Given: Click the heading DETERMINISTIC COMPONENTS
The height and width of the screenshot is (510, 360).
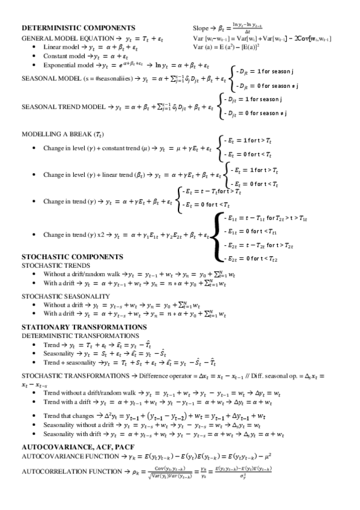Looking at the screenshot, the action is [78, 28].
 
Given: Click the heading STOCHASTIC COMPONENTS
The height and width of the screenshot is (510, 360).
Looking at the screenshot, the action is [73, 256].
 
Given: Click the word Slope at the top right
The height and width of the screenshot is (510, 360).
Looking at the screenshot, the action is [200, 28].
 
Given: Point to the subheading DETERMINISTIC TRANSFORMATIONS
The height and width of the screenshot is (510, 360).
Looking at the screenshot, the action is [80, 335].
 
